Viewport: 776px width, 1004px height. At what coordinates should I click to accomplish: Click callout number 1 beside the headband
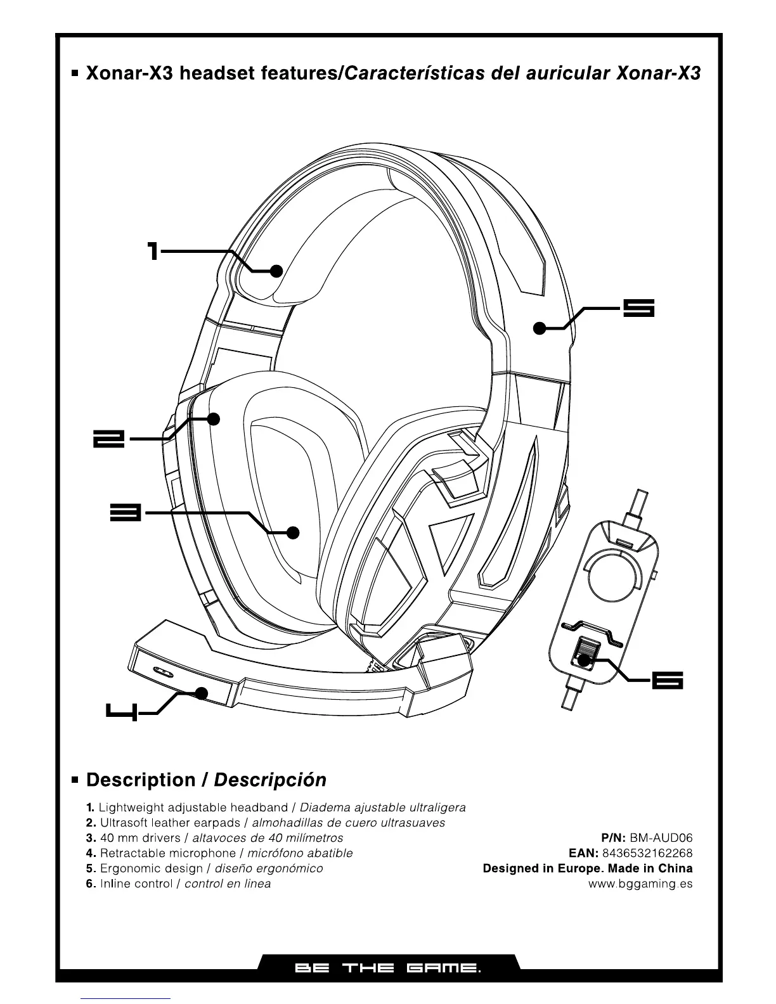point(152,251)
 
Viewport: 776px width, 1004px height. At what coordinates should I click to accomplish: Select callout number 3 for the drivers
point(124,513)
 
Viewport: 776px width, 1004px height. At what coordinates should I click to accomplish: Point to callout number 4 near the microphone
point(120,712)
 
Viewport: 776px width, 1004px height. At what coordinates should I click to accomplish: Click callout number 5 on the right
point(638,309)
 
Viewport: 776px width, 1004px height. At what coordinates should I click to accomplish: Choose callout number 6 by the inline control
point(668,680)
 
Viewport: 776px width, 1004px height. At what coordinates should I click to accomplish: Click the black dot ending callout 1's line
point(276,271)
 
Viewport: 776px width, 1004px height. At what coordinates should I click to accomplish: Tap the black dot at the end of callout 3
point(292,532)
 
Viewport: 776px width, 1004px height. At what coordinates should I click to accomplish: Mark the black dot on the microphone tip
point(202,693)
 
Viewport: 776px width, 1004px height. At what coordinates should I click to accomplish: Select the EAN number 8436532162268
point(647,853)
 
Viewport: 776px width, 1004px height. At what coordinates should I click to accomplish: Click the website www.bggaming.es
point(640,884)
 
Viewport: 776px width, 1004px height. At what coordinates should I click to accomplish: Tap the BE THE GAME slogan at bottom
point(387,969)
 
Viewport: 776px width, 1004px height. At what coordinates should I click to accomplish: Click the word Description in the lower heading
point(141,780)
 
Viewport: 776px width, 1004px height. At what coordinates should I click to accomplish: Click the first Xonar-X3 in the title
point(129,74)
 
